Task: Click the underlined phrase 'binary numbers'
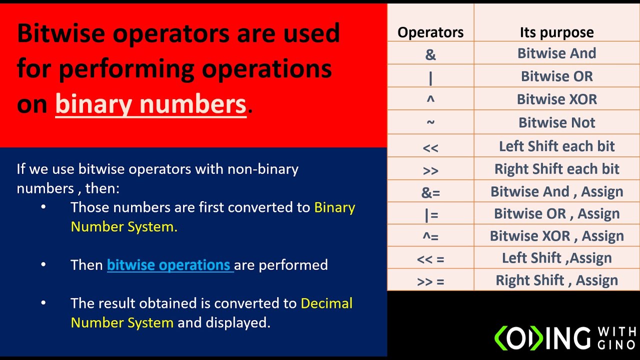click(x=150, y=104)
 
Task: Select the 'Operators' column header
click(x=430, y=33)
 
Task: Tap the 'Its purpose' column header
click(x=556, y=33)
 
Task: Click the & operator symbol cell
click(x=430, y=54)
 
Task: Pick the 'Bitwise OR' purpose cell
click(x=556, y=76)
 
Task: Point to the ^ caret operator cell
click(x=430, y=99)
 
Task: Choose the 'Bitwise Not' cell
click(x=556, y=122)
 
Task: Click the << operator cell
click(x=430, y=147)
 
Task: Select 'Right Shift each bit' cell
click(x=556, y=169)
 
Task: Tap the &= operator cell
click(x=430, y=192)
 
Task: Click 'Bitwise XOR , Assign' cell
click(x=556, y=236)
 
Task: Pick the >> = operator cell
click(x=430, y=281)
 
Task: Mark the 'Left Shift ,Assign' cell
click(x=556, y=258)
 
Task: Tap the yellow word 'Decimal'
click(x=326, y=303)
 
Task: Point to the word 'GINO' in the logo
click(x=616, y=343)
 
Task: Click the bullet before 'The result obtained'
click(x=43, y=303)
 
